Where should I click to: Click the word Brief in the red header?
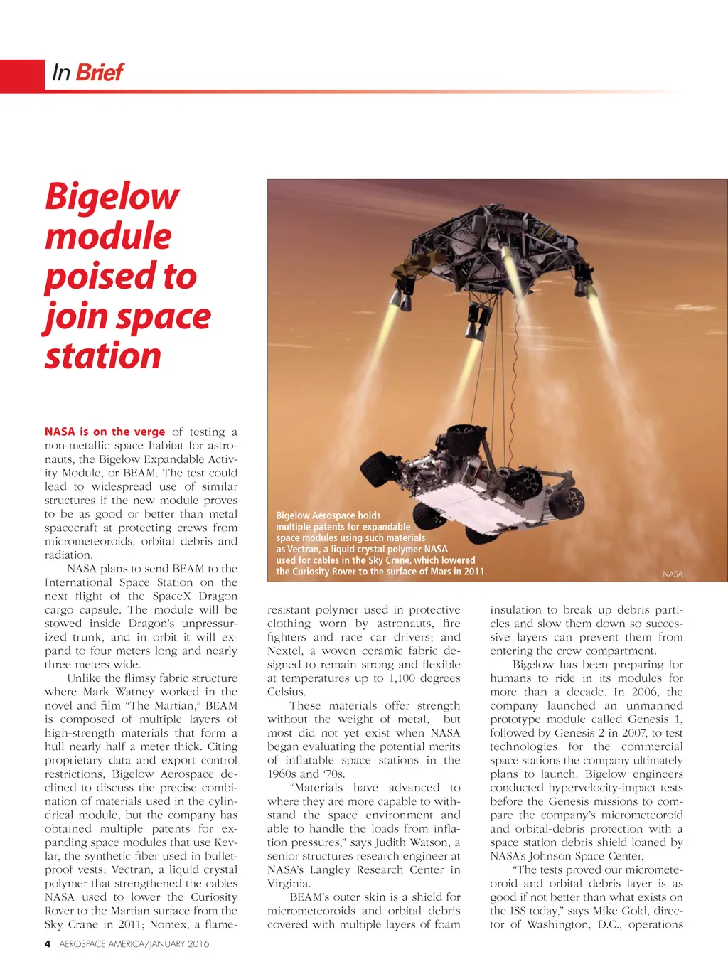pos(100,73)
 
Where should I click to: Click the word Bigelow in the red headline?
pos(112,197)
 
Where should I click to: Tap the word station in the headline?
pos(103,355)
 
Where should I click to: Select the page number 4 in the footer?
pos(48,944)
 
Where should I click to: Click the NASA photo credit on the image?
pos(672,574)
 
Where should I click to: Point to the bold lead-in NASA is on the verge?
pos(105,432)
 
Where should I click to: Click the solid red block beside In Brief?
pos(21,76)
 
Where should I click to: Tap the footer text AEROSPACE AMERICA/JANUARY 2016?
pos(134,944)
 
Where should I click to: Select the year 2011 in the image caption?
pos(474,572)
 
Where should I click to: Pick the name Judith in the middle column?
pos(393,842)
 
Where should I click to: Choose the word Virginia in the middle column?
pos(288,884)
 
